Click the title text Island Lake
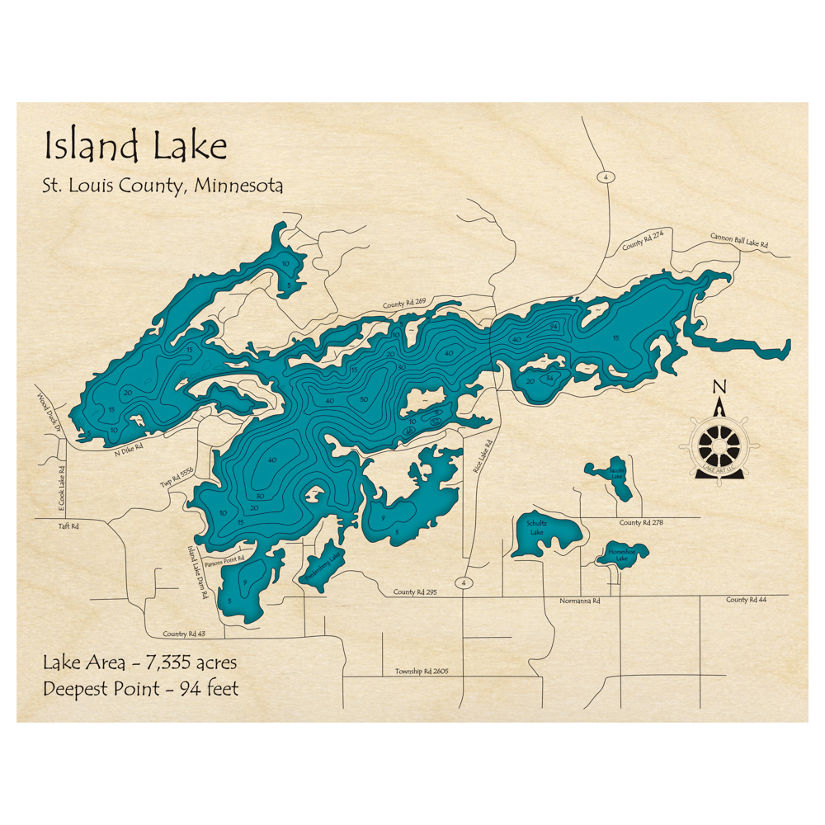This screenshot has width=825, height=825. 135,147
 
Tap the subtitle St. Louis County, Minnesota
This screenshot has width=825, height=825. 163,186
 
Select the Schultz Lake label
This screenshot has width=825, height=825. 536,528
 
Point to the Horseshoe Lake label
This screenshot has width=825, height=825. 619,555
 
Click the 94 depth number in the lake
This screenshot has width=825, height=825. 554,328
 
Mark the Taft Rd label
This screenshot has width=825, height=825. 68,526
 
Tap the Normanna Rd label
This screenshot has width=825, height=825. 579,601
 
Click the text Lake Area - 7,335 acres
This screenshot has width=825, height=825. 140,662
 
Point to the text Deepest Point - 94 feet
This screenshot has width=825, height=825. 140,688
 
